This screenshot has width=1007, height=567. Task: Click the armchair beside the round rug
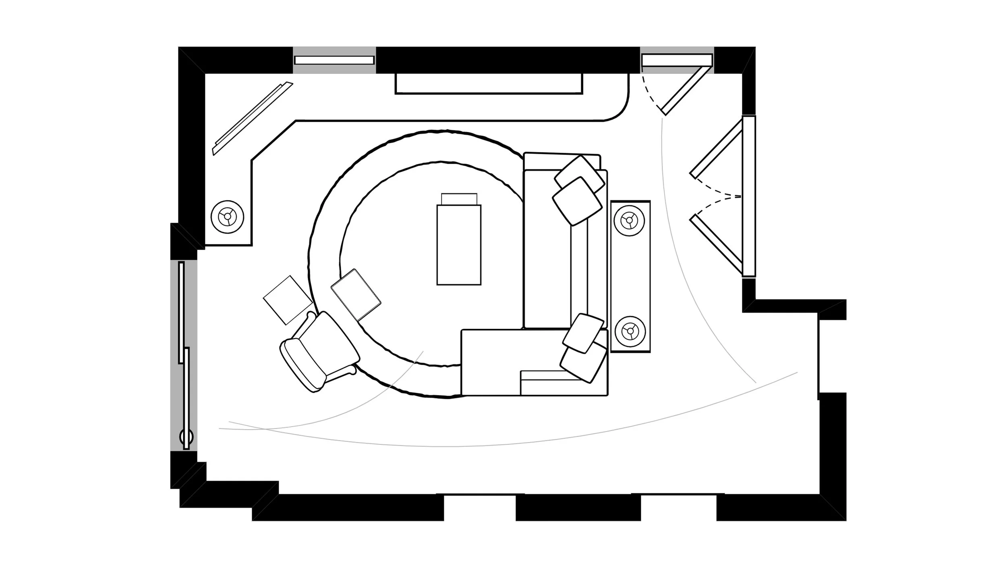pyautogui.click(x=318, y=351)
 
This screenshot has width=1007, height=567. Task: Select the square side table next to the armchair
pyautogui.click(x=288, y=300)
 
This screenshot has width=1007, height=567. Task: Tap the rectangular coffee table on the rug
pyautogui.click(x=459, y=244)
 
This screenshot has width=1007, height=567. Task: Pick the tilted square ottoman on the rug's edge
pyautogui.click(x=356, y=295)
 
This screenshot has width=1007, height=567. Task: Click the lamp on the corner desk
pyautogui.click(x=228, y=217)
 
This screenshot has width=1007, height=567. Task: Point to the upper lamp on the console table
pyautogui.click(x=629, y=220)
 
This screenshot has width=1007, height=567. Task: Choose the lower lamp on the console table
pyautogui.click(x=630, y=331)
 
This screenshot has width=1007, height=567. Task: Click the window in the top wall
pyautogui.click(x=334, y=60)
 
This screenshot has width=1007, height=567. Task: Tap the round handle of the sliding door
pyautogui.click(x=186, y=437)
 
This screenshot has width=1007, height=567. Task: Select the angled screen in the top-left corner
pyautogui.click(x=253, y=118)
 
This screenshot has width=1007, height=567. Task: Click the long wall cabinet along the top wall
pyautogui.click(x=489, y=84)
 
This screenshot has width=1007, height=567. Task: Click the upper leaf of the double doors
pyautogui.click(x=716, y=148)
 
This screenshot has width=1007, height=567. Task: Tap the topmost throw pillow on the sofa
pyautogui.click(x=579, y=173)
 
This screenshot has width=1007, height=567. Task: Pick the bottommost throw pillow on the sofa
pyautogui.click(x=583, y=364)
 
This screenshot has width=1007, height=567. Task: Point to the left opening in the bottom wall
pyautogui.click(x=480, y=507)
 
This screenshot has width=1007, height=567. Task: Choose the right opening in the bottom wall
pyautogui.click(x=678, y=507)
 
